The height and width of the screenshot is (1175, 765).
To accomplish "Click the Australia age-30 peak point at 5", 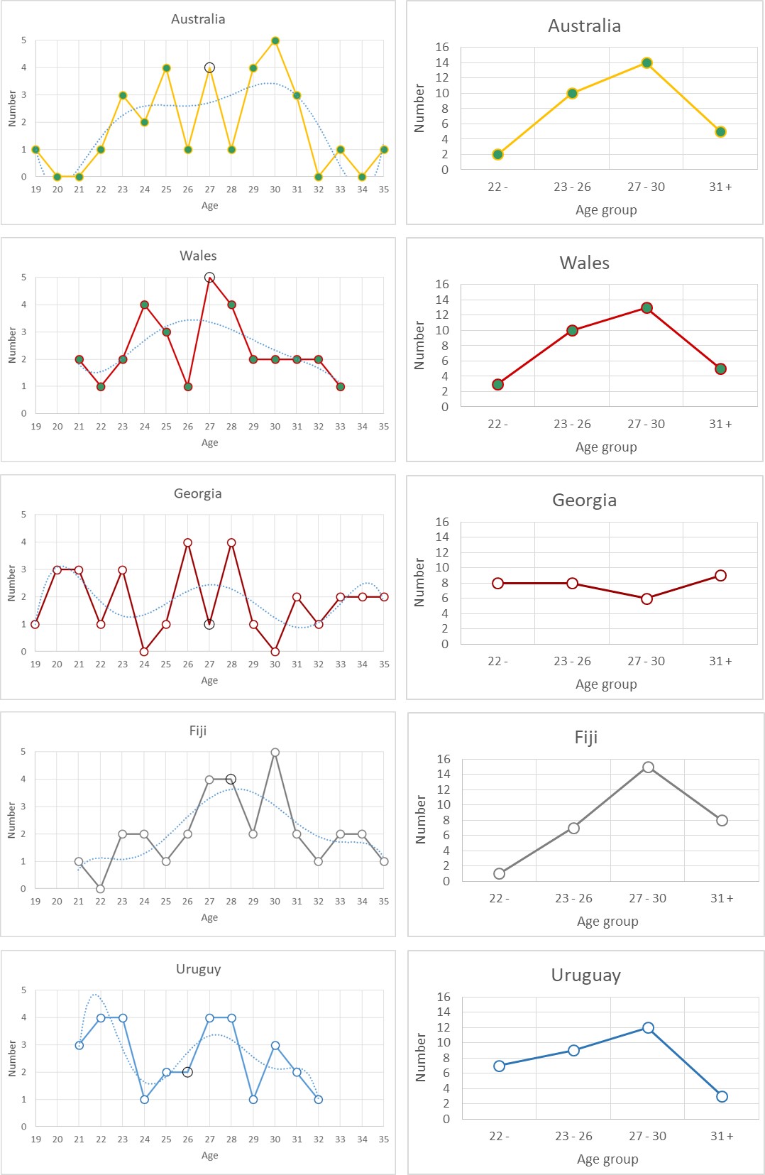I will click(x=275, y=40).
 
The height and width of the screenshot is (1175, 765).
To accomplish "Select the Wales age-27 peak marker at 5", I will click(x=209, y=278).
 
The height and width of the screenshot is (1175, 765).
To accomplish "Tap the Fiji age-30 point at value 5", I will click(x=275, y=752).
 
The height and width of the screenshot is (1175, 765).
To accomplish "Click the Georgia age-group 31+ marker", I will click(x=720, y=576).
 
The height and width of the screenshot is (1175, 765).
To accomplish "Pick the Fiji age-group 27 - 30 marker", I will click(x=648, y=767).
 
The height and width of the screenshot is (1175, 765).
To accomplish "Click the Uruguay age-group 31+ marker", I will click(x=722, y=1096).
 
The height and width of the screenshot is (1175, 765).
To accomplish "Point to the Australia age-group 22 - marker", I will click(x=497, y=154).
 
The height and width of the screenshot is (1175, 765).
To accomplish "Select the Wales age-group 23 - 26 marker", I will click(x=572, y=330).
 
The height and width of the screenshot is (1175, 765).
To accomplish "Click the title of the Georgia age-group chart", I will click(x=584, y=500).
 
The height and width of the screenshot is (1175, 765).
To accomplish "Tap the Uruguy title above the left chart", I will click(x=198, y=969).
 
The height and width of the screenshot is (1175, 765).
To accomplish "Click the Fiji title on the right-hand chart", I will click(x=585, y=737).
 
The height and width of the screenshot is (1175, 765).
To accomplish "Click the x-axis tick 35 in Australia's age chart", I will click(x=384, y=190).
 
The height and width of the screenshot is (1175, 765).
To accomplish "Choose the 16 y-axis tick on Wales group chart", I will click(x=442, y=284).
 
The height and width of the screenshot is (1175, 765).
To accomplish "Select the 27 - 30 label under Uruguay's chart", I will click(x=647, y=1136).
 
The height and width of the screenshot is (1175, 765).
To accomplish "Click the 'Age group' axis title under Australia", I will click(x=606, y=210).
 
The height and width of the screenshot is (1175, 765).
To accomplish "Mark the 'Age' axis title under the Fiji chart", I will click(x=209, y=917).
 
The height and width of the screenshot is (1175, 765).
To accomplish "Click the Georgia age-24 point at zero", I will click(x=144, y=652).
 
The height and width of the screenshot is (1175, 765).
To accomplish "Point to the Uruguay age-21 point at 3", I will click(x=79, y=1045).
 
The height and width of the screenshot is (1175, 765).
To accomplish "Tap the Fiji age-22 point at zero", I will click(x=100, y=889).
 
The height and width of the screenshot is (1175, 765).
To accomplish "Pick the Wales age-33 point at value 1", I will click(x=341, y=387).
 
